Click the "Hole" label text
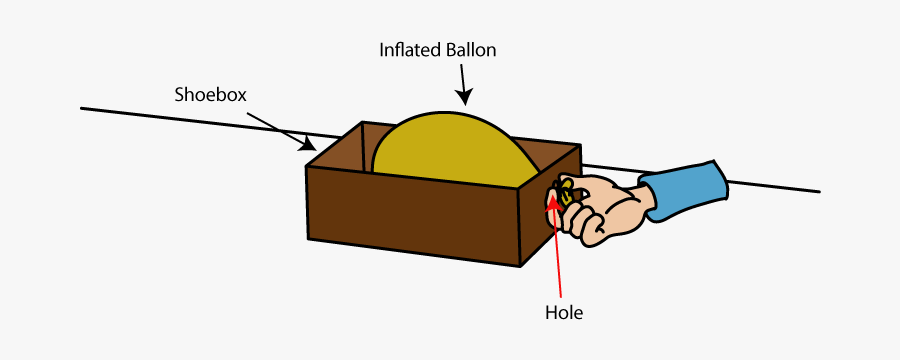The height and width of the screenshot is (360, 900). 563,313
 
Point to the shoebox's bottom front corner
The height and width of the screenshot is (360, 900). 520,266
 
